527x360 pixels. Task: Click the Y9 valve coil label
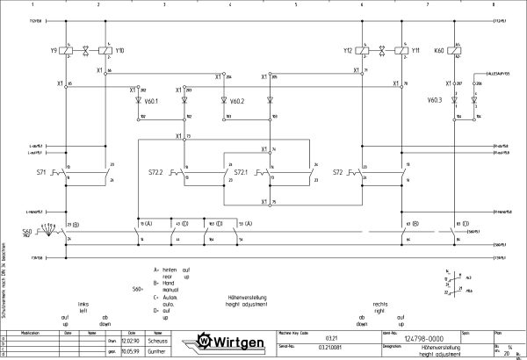[x=54, y=51]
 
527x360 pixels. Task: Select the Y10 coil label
[x=119, y=51]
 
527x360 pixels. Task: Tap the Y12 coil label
[x=348, y=51]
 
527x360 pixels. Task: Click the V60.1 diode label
[x=152, y=101]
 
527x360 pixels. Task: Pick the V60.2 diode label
[x=237, y=101]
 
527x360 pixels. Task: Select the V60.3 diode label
[x=435, y=101]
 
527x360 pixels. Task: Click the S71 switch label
[x=41, y=173]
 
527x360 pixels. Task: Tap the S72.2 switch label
[x=157, y=173]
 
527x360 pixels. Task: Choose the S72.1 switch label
[x=241, y=173]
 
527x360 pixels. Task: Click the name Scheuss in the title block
[x=156, y=341]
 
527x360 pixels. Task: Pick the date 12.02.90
[x=130, y=341]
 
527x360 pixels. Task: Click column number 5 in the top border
[x=295, y=4]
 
